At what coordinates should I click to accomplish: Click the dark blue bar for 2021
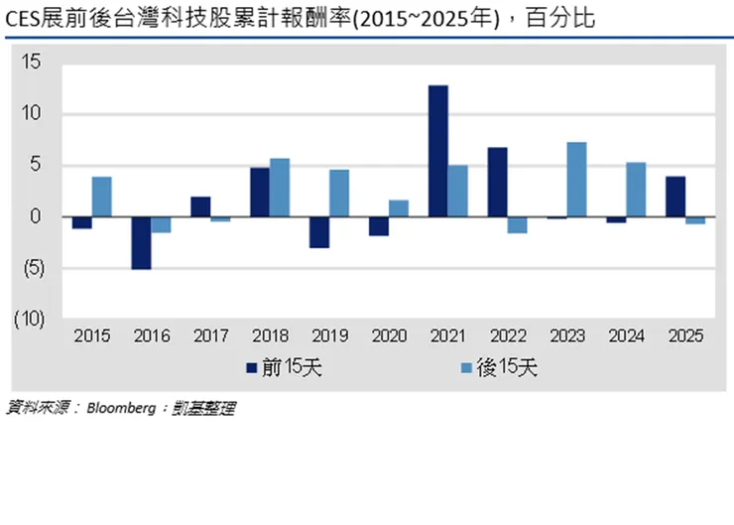click(x=437, y=151)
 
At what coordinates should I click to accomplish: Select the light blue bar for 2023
click(x=576, y=180)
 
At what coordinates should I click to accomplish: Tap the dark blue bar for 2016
click(x=141, y=242)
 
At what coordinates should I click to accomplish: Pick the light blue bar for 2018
click(x=280, y=188)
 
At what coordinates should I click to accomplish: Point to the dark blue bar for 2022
click(x=498, y=182)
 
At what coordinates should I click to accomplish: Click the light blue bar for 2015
click(x=101, y=197)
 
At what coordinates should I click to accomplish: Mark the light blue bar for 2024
click(x=636, y=190)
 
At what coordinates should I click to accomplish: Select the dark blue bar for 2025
click(x=674, y=197)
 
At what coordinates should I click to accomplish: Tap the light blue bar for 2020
click(x=398, y=208)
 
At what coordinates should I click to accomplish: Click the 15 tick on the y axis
click(x=32, y=63)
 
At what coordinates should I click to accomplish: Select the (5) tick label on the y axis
click(x=30, y=268)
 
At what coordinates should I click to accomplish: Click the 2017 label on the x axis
click(x=209, y=336)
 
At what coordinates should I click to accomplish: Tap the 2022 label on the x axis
click(x=507, y=336)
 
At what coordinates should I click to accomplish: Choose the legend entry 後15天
click(x=506, y=368)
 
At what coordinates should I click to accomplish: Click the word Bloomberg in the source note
click(x=123, y=407)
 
